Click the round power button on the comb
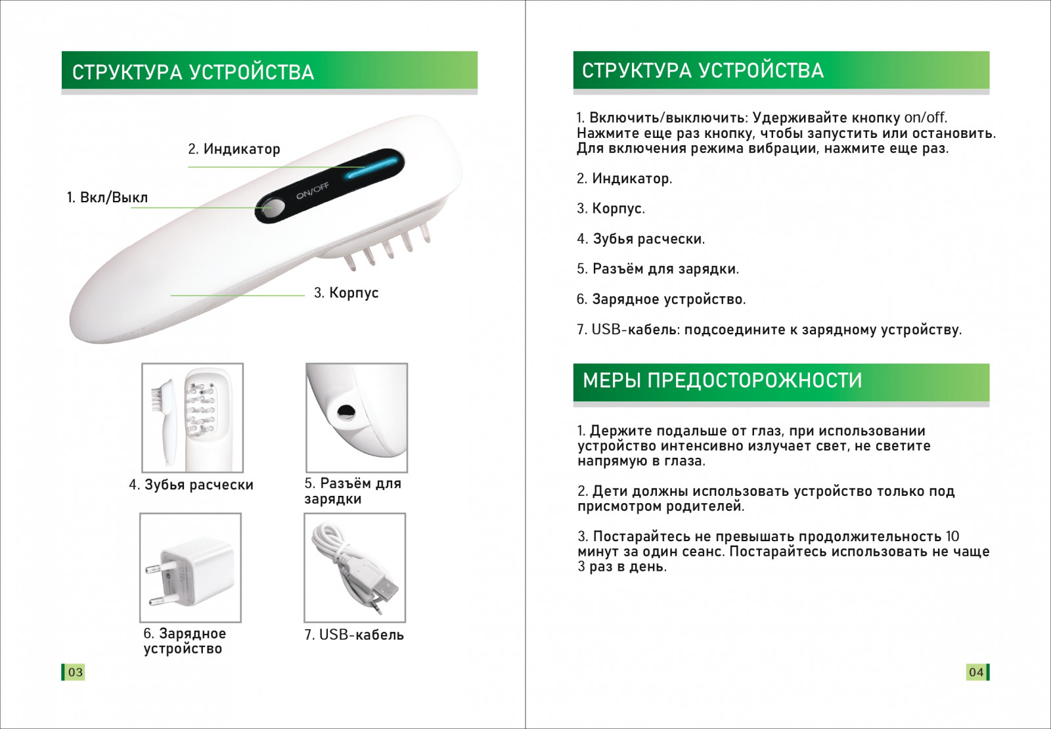tap(273, 210)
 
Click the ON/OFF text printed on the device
tap(313, 190)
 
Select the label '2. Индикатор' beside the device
tap(234, 149)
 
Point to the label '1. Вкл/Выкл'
tap(108, 198)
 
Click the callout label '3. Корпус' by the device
tap(346, 293)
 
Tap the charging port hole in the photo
tap(346, 411)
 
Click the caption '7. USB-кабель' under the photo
tap(354, 634)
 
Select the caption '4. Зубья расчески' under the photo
tap(191, 485)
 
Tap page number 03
tap(75, 673)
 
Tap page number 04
tap(976, 673)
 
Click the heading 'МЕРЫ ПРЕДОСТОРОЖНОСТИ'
tap(722, 380)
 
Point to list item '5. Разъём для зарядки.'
tap(658, 269)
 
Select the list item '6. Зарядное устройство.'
tap(661, 299)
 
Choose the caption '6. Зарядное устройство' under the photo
tap(185, 641)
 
